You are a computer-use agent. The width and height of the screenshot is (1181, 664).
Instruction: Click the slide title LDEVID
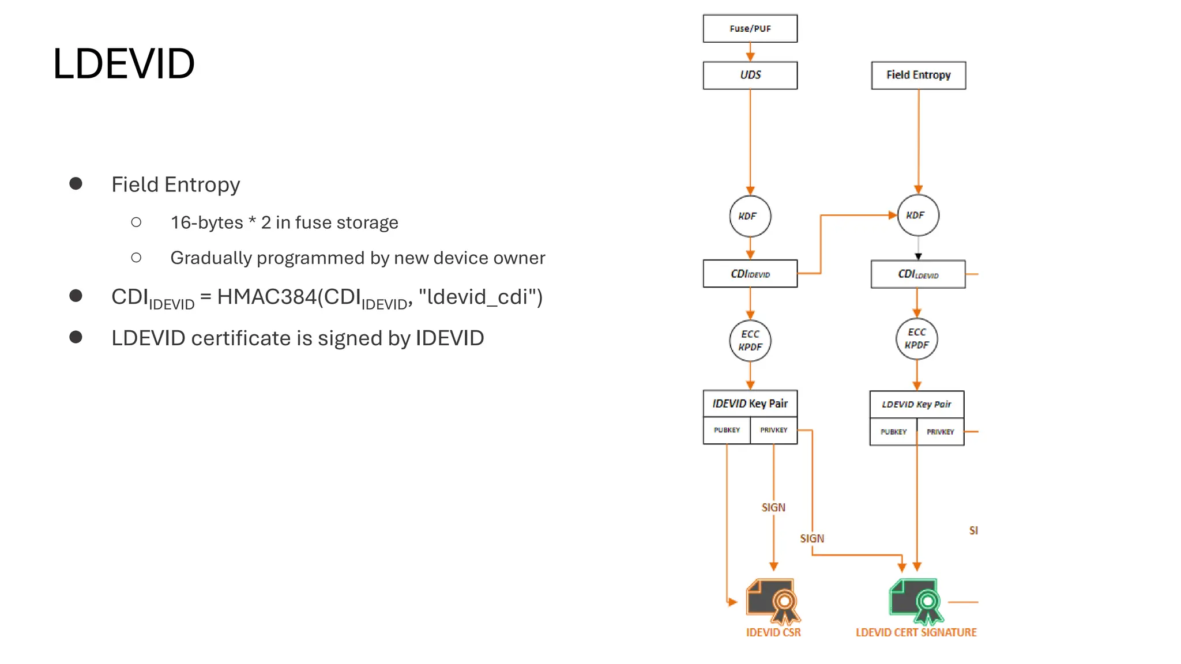pyautogui.click(x=123, y=63)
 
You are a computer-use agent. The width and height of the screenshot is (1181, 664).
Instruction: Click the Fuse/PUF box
pyautogui.click(x=750, y=28)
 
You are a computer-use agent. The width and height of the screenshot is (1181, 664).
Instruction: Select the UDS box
pyautogui.click(x=750, y=75)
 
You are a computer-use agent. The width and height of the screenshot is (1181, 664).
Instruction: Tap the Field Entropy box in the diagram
pyautogui.click(x=918, y=75)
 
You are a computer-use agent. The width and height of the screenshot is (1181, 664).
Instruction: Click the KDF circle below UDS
pyautogui.click(x=750, y=216)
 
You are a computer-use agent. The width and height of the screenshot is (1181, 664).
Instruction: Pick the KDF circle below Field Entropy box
pyautogui.click(x=917, y=215)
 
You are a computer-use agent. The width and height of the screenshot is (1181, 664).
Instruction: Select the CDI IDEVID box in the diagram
pyautogui.click(x=750, y=274)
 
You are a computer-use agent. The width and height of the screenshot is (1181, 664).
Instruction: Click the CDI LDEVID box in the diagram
pyautogui.click(x=917, y=274)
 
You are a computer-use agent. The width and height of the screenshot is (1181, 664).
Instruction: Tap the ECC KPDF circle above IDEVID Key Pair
pyautogui.click(x=750, y=341)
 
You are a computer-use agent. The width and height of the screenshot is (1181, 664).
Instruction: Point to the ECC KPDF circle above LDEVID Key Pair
pyautogui.click(x=916, y=339)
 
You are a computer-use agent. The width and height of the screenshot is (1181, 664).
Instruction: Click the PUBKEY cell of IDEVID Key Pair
pyautogui.click(x=727, y=430)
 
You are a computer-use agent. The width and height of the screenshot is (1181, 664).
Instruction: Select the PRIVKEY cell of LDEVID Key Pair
pyautogui.click(x=940, y=432)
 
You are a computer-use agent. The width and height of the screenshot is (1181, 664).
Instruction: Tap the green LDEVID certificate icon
pyautogui.click(x=916, y=601)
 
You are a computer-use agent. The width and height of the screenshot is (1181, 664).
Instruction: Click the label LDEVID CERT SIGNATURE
pyautogui.click(x=916, y=632)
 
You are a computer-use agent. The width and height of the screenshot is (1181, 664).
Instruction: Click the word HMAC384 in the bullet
pyautogui.click(x=266, y=297)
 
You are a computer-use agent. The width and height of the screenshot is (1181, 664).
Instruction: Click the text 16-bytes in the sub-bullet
pyautogui.click(x=206, y=222)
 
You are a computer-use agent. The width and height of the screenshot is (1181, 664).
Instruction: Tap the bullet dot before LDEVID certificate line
pyautogui.click(x=76, y=337)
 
